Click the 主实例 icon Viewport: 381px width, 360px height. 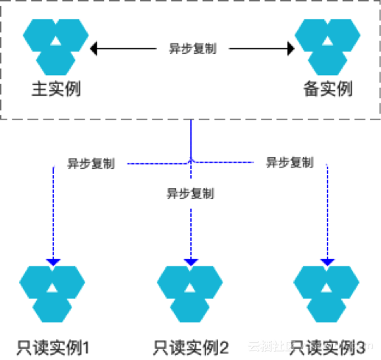click(x=55, y=44)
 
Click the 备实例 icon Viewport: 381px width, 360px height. click(x=327, y=44)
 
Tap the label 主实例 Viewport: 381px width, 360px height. click(x=55, y=89)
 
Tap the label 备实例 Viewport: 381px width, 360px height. click(x=328, y=89)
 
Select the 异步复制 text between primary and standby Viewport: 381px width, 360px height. click(x=192, y=49)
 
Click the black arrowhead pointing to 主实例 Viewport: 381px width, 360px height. click(x=94, y=49)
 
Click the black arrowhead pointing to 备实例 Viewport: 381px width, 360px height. click(x=290, y=49)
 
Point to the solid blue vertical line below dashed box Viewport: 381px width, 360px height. click(x=191, y=136)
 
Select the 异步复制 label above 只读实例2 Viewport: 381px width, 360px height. click(x=190, y=193)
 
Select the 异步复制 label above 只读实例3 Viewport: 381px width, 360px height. click(x=289, y=162)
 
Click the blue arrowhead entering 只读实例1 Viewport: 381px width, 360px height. click(x=54, y=260)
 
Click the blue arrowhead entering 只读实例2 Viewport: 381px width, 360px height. click(x=191, y=260)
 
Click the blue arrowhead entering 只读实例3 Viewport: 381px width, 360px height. click(x=327, y=260)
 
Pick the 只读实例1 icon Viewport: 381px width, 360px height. click(x=53, y=294)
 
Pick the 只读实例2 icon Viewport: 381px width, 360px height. click(x=191, y=294)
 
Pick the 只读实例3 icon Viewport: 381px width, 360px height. click(x=327, y=294)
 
